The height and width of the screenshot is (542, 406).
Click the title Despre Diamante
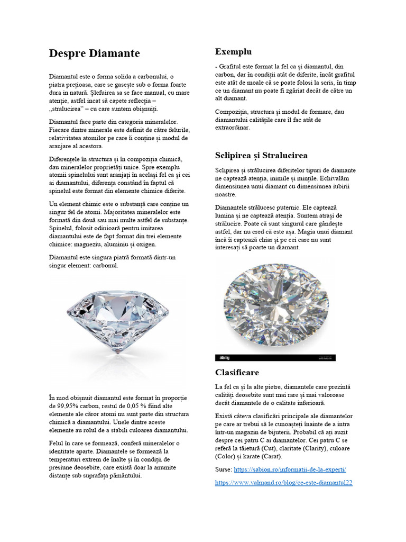click(94, 53)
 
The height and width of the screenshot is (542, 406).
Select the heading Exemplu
click(233, 51)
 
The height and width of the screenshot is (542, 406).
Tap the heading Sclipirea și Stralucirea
click(261, 155)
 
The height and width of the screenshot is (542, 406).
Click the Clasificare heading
click(237, 372)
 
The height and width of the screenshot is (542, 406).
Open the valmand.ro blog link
click(283, 483)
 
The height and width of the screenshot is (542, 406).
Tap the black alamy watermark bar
click(275, 358)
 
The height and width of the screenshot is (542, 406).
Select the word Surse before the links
click(223, 469)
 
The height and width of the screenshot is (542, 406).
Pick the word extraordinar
click(233, 128)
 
